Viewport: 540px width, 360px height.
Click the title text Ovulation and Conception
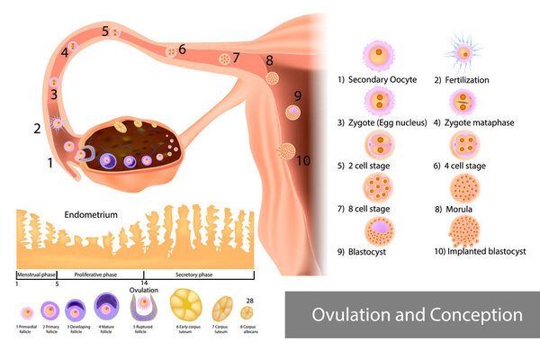(416, 316)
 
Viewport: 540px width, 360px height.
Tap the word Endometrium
(93, 216)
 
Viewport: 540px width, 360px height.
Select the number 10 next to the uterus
(303, 160)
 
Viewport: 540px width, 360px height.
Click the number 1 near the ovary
(50, 163)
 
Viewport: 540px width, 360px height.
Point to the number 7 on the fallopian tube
(236, 58)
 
